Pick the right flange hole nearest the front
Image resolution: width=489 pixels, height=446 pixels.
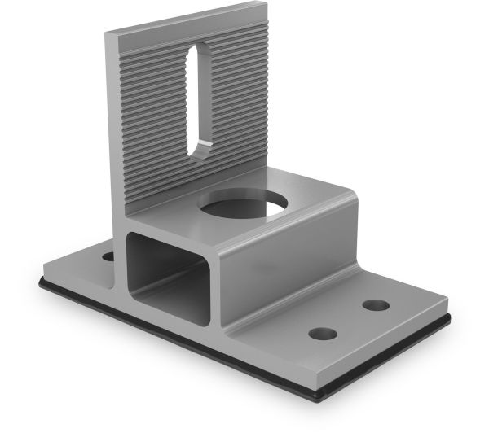pos(323,334)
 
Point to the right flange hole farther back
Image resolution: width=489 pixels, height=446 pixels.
pos(376,305)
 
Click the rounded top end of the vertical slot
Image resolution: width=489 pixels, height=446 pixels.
pos(197,51)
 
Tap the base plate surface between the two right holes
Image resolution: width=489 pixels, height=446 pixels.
pos(350,321)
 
